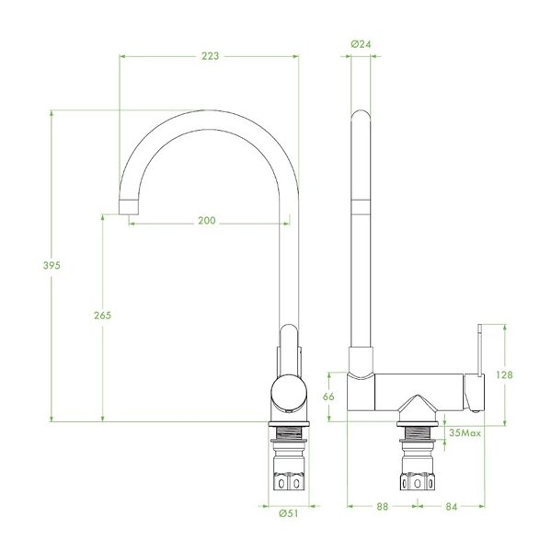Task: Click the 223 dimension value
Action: click(211, 56)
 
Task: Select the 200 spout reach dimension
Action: click(207, 221)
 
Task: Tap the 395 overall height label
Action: click(52, 265)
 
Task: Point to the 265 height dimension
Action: click(102, 315)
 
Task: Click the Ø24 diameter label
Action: click(361, 44)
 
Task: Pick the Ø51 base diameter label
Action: click(288, 513)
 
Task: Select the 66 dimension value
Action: click(328, 397)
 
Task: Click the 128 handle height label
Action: click(504, 375)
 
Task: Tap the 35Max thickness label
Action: click(465, 432)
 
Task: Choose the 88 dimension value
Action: click(383, 507)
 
